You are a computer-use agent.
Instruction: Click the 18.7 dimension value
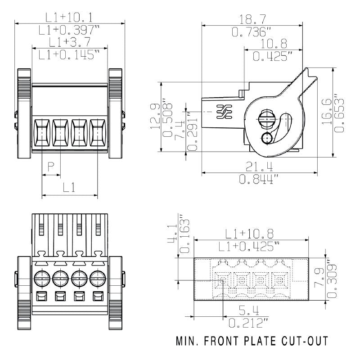(252, 19)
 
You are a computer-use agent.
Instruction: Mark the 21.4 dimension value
(260, 166)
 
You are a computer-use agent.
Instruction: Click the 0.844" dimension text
(260, 180)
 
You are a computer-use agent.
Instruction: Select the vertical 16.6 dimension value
(327, 112)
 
